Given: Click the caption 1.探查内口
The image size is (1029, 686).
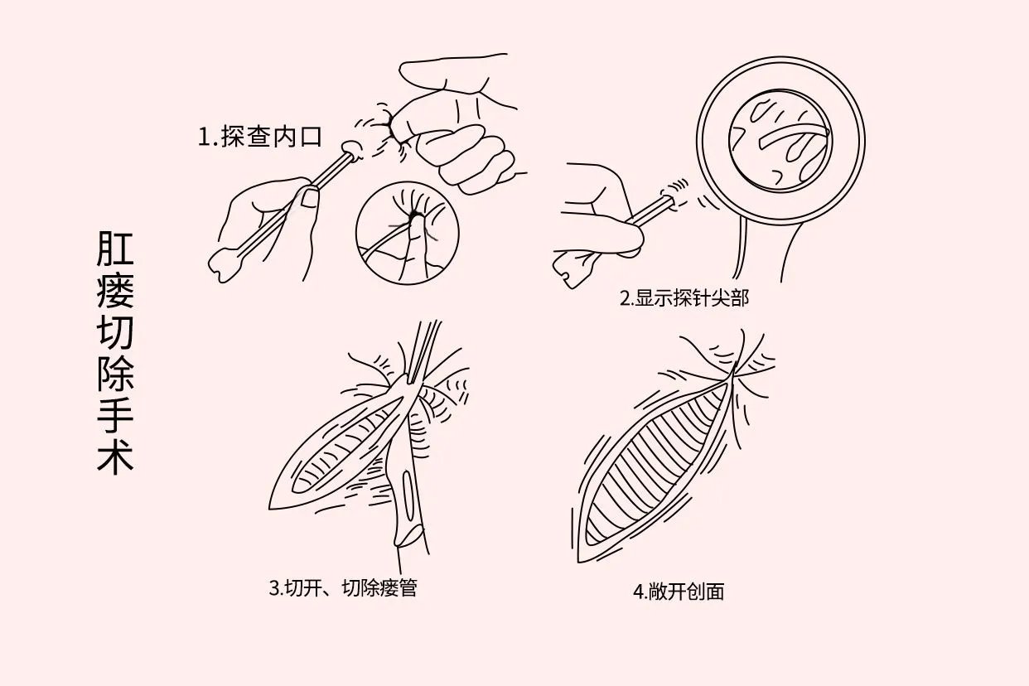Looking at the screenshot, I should (259, 137).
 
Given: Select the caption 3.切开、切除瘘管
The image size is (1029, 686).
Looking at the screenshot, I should (343, 589).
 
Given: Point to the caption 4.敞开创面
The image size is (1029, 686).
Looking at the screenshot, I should (679, 592).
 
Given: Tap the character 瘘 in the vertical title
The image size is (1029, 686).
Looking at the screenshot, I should (115, 292).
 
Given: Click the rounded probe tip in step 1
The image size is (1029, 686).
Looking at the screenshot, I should (351, 149).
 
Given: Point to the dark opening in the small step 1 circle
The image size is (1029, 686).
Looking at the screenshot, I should (413, 217).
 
